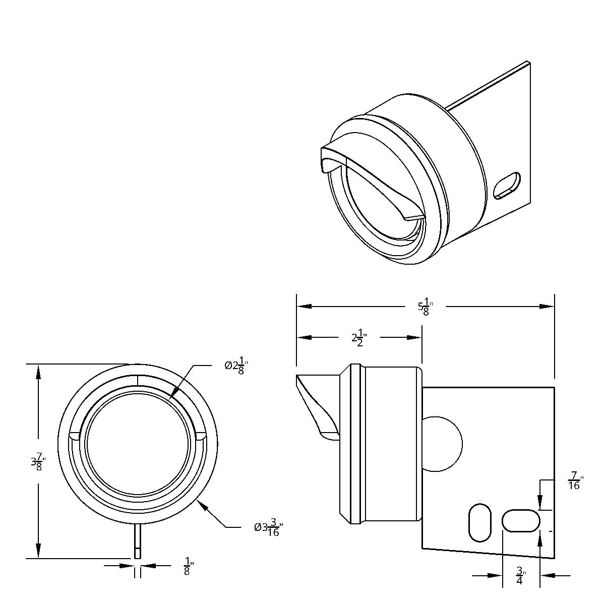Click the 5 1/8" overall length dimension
point(425,307)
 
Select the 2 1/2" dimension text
point(358,338)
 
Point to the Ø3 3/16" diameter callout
point(267,528)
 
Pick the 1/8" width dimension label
point(188,567)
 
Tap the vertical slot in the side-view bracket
point(479,522)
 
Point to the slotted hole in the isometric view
point(506,187)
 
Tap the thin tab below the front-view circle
point(137,540)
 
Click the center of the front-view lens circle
point(138,443)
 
